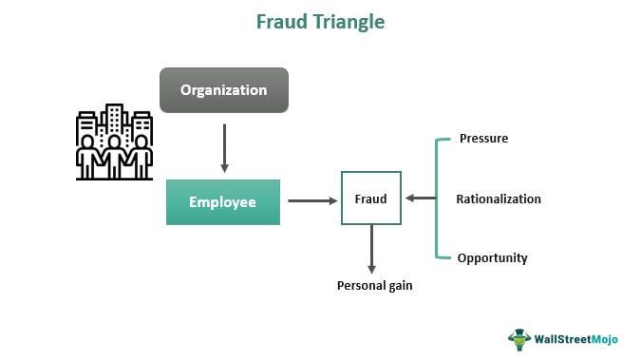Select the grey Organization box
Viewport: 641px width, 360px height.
[x=223, y=91]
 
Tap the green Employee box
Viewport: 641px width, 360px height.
[x=223, y=202]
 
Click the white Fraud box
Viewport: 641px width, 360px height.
[x=370, y=199]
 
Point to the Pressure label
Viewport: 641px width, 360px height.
[x=483, y=139]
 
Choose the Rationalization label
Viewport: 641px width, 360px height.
[x=499, y=199]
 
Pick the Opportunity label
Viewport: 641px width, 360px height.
[x=492, y=258]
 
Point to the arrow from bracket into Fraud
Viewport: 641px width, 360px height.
[x=419, y=199]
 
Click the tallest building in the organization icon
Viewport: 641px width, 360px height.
[x=116, y=120]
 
